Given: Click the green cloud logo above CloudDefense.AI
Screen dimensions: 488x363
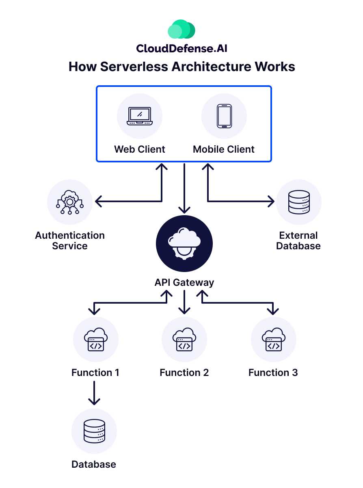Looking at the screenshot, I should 181,30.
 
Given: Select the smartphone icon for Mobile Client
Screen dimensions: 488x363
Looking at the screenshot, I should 224,117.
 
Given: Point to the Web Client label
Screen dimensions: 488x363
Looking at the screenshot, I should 140,149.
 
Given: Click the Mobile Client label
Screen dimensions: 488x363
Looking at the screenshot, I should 224,149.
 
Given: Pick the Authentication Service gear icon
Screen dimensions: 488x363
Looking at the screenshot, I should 70,202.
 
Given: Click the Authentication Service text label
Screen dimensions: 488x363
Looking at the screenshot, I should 70,241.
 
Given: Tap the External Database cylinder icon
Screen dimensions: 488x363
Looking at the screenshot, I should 298,202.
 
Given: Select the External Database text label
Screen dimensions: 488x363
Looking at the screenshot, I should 298,241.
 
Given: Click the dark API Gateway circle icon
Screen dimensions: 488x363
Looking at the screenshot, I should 184,244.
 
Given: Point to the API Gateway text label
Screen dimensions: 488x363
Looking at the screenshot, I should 184,283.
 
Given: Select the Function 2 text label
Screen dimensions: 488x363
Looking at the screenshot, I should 184,373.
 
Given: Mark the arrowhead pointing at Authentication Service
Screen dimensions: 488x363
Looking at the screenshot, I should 99,201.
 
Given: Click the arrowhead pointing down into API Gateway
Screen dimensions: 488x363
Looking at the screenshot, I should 184,209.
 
